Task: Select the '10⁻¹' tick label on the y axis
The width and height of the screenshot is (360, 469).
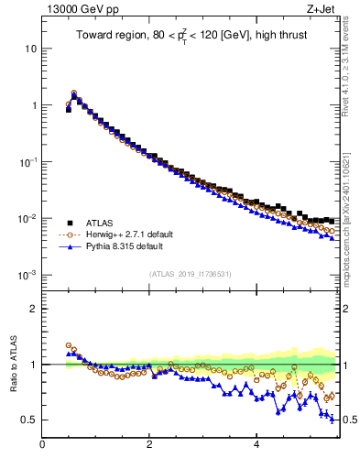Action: [27, 161]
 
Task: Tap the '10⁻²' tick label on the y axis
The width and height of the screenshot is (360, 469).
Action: [27, 218]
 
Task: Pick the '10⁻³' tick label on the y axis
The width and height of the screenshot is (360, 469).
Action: [27, 275]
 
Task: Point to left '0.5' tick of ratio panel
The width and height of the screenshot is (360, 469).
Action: [28, 420]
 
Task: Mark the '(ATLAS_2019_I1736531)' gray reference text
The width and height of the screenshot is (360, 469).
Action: [191, 273]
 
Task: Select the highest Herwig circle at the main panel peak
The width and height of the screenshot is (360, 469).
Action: [74, 93]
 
